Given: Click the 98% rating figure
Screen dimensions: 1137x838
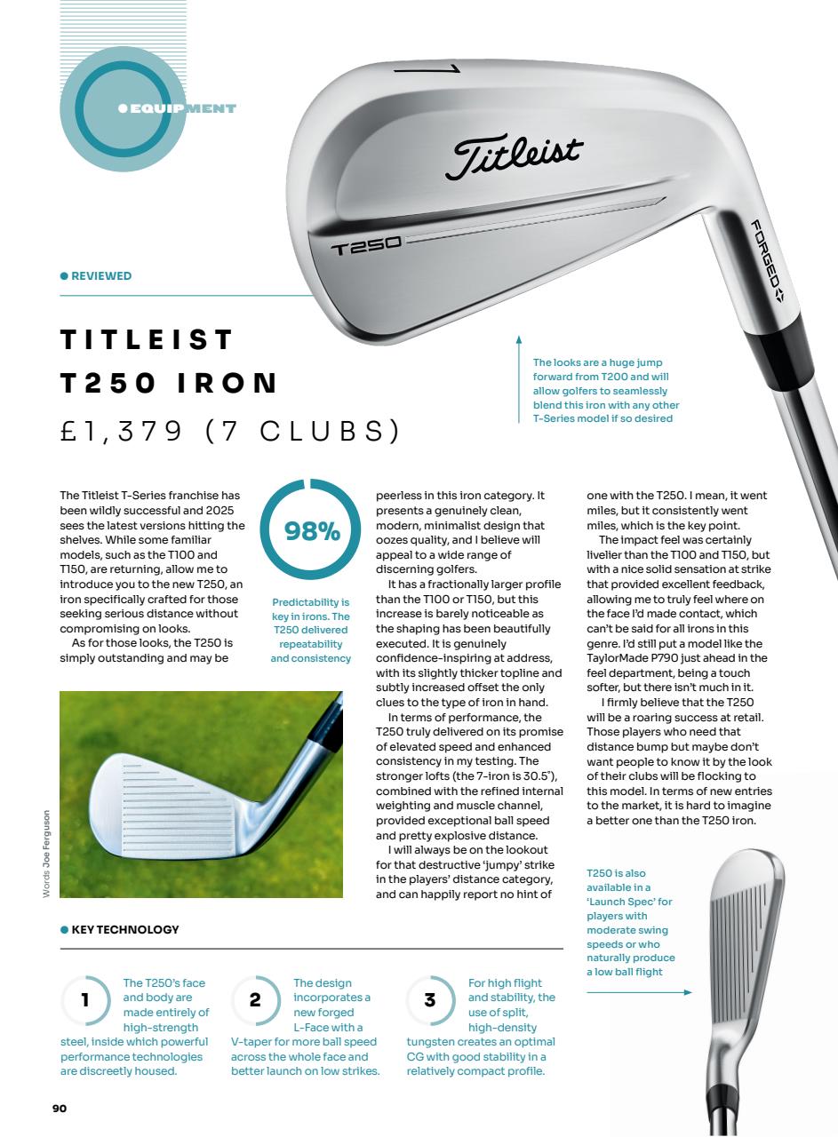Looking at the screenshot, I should (x=312, y=532).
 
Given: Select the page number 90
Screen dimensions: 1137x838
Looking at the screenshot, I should (x=59, y=1108).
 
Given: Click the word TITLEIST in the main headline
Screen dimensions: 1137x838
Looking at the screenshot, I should (x=147, y=339).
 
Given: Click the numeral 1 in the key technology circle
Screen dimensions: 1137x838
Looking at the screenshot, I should (x=85, y=1000).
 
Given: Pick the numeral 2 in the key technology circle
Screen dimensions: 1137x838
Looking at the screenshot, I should (x=256, y=1000).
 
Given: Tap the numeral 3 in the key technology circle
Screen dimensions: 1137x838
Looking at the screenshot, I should (x=430, y=1000).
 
